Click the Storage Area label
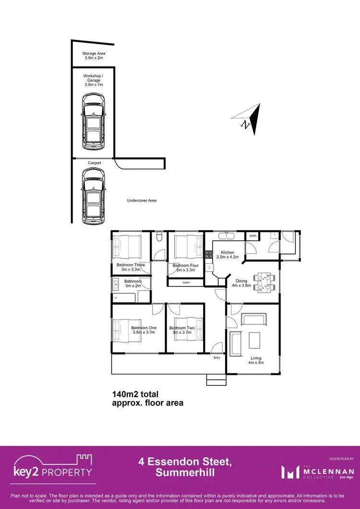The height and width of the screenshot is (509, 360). pyautogui.click(x=94, y=55)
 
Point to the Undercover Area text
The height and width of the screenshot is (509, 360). pyautogui.click(x=142, y=201)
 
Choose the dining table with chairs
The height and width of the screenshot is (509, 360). pyautogui.click(x=264, y=282)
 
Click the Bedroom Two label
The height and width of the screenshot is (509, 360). pyautogui.click(x=181, y=331)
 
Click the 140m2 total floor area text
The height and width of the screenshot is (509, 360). pyautogui.click(x=147, y=398)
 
